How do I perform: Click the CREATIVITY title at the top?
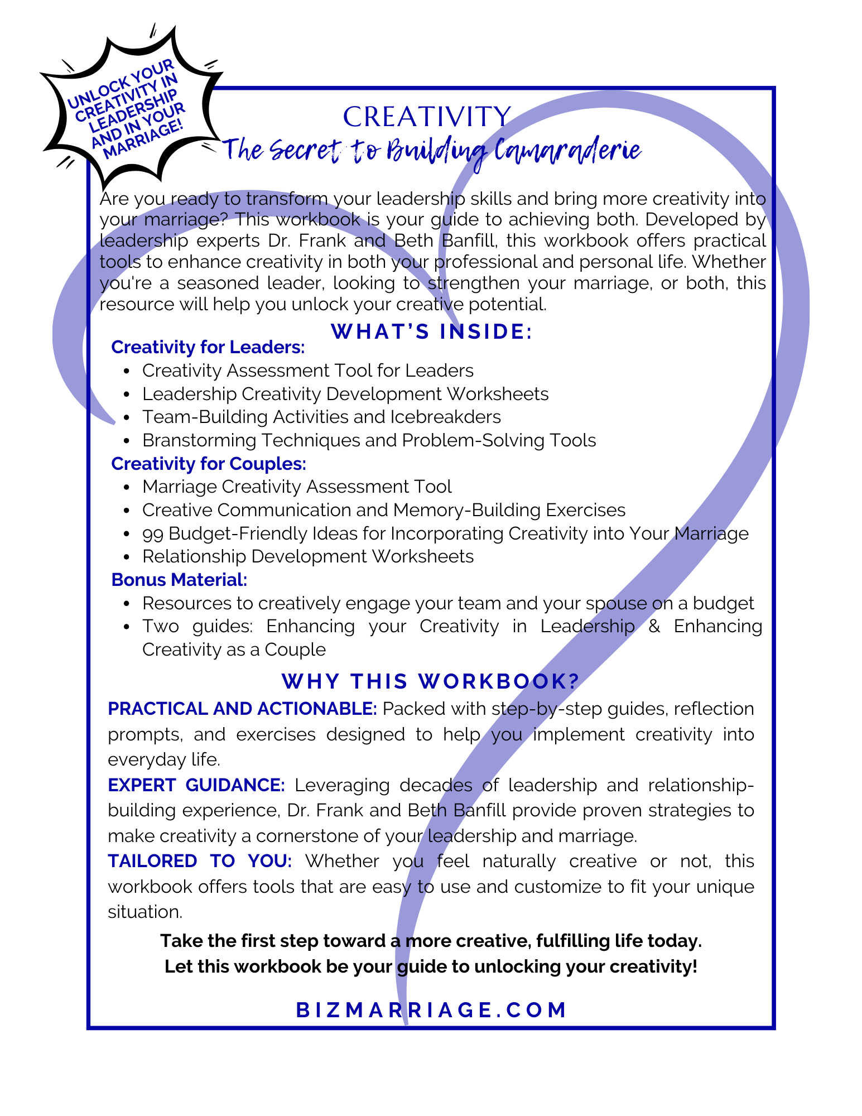(427, 117)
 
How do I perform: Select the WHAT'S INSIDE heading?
(432, 331)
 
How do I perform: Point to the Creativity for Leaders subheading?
(208, 347)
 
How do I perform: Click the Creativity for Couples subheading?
(209, 464)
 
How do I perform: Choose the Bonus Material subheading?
(179, 580)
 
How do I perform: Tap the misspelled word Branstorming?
(199, 440)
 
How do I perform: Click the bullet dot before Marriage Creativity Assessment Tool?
(128, 487)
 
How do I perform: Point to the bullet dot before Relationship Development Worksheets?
(128, 557)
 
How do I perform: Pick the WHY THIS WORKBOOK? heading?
(431, 681)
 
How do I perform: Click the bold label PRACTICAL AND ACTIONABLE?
(242, 709)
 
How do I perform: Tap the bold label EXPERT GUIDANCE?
(196, 785)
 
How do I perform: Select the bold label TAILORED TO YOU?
(200, 861)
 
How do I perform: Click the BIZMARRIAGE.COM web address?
(431, 1010)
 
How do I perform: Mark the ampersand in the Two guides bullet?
(654, 627)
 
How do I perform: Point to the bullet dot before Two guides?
(128, 627)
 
